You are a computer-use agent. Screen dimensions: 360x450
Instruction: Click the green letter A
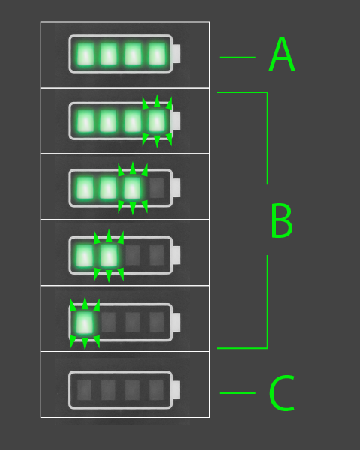(x=282, y=54)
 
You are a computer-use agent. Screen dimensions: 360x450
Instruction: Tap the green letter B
(x=282, y=220)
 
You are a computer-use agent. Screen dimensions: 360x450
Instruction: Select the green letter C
(x=282, y=392)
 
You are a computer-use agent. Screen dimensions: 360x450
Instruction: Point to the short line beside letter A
(x=238, y=58)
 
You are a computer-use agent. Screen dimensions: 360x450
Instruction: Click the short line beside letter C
(x=238, y=393)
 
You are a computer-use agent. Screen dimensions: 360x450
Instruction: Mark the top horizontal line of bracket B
(x=242, y=92)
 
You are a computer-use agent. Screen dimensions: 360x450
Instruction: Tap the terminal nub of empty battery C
(x=176, y=390)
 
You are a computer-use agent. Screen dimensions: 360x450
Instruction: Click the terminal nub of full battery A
(x=176, y=54)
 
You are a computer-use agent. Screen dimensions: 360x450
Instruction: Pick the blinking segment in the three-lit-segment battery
(x=132, y=188)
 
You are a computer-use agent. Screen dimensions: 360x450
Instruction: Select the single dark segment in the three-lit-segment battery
(x=157, y=188)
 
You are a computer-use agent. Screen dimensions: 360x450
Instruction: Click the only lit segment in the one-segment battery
(x=85, y=322)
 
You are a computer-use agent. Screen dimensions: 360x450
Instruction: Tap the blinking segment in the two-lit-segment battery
(x=109, y=255)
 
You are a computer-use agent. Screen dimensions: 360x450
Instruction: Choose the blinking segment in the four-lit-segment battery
(x=157, y=121)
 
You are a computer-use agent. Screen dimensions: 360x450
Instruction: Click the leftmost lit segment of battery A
(x=85, y=54)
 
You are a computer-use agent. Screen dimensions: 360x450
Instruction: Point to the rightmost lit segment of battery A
(x=157, y=54)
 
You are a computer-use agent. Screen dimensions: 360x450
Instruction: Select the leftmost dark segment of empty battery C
(x=85, y=390)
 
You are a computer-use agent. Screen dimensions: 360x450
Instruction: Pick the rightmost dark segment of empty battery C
(x=157, y=390)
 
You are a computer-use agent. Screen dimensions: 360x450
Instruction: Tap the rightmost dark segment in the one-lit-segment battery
(x=157, y=322)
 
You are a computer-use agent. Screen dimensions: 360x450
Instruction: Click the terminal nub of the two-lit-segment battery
(x=176, y=255)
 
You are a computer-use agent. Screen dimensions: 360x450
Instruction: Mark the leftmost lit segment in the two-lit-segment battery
(x=85, y=255)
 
